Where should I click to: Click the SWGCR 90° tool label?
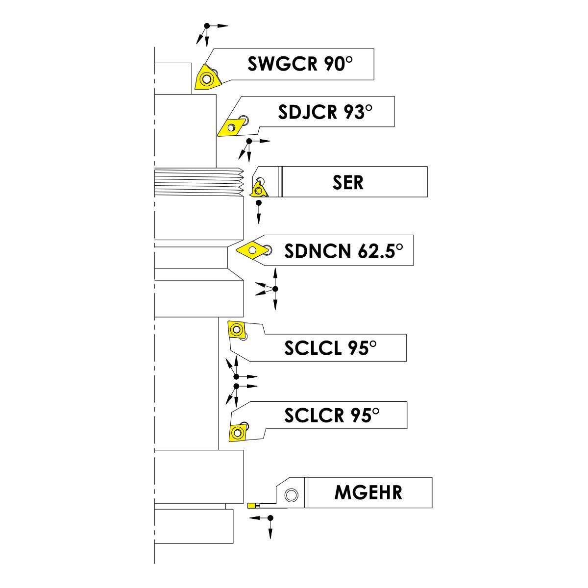300,64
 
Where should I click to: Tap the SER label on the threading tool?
348,182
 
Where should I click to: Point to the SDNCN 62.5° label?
344,251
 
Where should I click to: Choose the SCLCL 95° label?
331,348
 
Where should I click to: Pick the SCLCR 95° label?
332,416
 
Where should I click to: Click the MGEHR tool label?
368,492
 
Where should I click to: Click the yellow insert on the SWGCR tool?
206,78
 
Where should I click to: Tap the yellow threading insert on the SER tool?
257,190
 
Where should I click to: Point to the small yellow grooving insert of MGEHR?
251,505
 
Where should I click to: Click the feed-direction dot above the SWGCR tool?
207,25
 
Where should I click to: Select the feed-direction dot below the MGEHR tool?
270,517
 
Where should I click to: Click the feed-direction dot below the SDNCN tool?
275,288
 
